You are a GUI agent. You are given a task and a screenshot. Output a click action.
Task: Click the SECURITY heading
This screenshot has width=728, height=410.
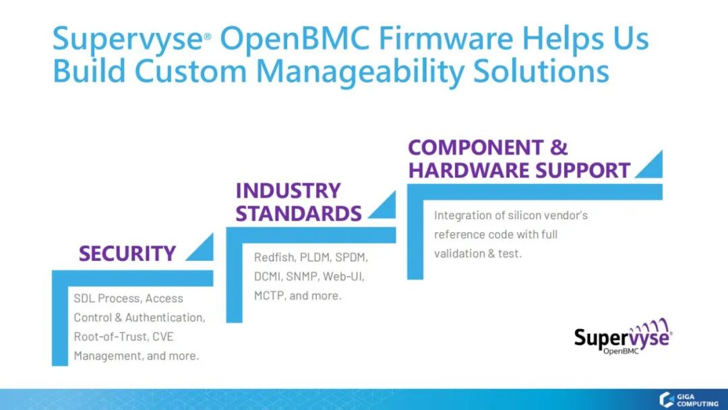pyautogui.click(x=127, y=254)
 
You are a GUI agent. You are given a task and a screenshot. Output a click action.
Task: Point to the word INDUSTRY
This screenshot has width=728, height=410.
pyautogui.click(x=288, y=190)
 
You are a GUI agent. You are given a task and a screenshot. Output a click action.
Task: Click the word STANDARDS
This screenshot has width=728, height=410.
pyautogui.click(x=299, y=214)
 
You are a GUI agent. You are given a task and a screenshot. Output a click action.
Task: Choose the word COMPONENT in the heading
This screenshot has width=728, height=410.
pyautogui.click(x=475, y=148)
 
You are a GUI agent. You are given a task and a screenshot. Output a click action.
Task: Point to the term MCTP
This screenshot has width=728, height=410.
pyautogui.click(x=268, y=295)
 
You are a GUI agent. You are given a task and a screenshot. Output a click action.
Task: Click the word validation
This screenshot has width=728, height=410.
pyautogui.click(x=458, y=254)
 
